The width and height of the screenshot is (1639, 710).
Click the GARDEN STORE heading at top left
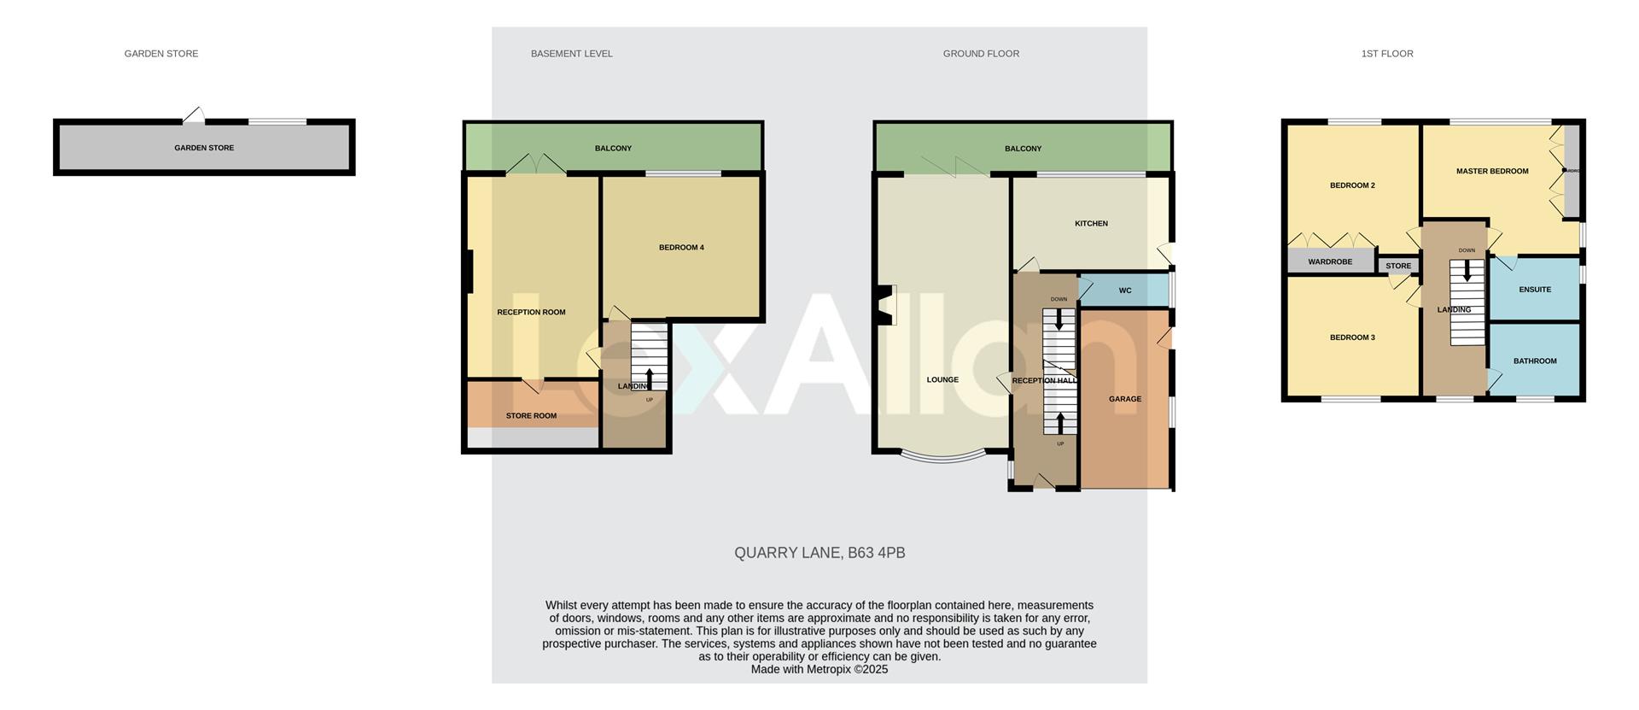(161, 54)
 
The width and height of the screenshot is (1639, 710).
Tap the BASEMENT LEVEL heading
(571, 54)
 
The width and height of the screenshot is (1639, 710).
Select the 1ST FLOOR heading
(1386, 54)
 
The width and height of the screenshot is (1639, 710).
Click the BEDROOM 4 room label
(681, 248)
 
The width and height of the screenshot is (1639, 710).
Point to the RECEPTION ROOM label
(531, 313)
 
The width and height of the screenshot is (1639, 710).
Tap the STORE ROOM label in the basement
(531, 416)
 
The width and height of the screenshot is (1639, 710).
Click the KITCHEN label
(1091, 224)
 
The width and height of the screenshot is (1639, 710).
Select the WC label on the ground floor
(1125, 291)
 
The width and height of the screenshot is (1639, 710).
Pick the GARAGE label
(1125, 399)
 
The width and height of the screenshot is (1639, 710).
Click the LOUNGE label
(942, 380)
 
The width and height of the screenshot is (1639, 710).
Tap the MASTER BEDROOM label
(1492, 172)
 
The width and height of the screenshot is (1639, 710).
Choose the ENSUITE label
(1535, 290)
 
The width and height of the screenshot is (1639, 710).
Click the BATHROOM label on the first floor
(1535, 361)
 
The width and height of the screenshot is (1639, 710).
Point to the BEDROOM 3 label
(1352, 337)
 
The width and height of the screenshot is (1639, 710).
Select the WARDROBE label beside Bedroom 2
(1330, 262)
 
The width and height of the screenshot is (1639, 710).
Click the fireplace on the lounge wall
(885, 305)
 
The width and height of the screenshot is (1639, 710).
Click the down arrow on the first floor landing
(1467, 271)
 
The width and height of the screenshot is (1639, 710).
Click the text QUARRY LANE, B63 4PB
(819, 553)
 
